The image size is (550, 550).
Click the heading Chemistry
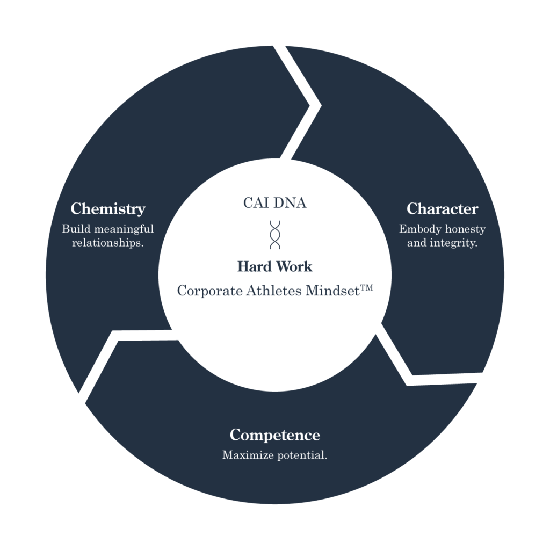click(x=108, y=208)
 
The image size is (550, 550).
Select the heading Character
click(x=442, y=208)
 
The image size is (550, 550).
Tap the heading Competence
click(x=274, y=435)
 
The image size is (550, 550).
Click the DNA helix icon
click(x=275, y=234)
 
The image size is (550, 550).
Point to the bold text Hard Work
click(x=274, y=266)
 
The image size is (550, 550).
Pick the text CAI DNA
click(x=274, y=203)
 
